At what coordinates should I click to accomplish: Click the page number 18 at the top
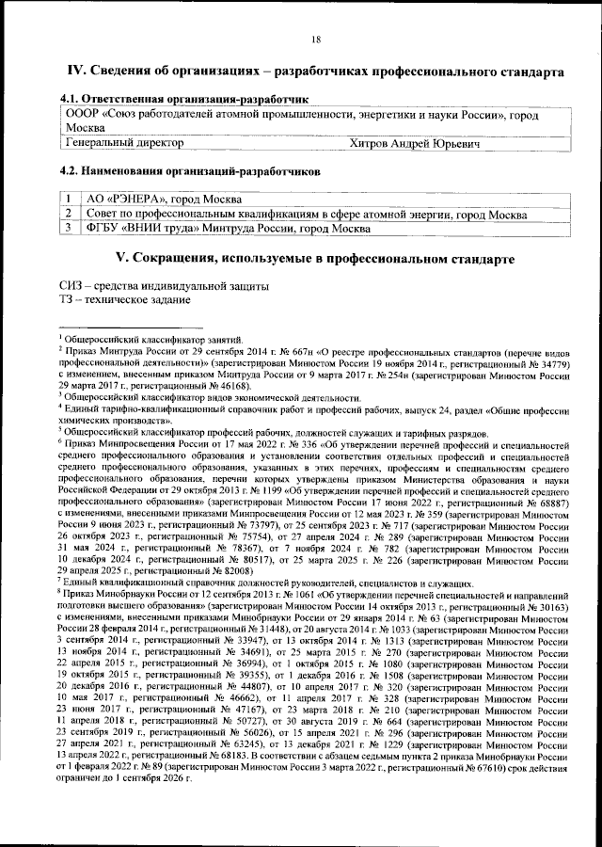pos(316,38)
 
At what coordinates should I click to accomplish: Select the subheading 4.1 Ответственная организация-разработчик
pos(184,98)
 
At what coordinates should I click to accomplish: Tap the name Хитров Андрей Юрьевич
pos(414,143)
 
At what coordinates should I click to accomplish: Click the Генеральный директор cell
pos(123,143)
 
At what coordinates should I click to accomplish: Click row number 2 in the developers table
pos(69,214)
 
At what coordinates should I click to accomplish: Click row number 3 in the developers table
pos(69,228)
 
